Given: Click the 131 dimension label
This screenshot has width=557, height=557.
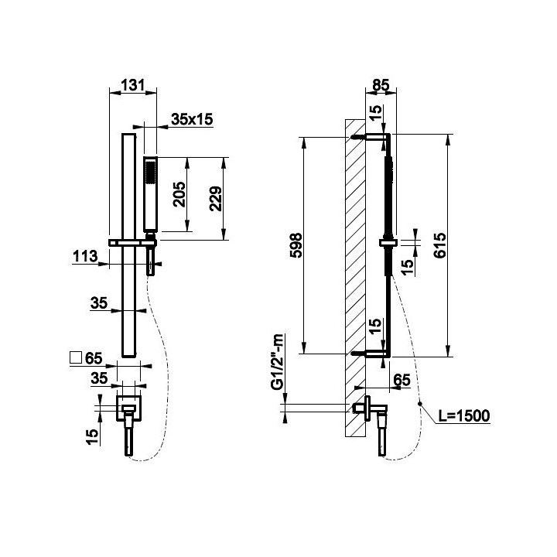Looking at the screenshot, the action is [x=133, y=85].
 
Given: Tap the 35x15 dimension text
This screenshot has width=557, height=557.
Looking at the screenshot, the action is [x=192, y=119].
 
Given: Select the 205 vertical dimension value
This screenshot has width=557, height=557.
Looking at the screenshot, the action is [x=179, y=194].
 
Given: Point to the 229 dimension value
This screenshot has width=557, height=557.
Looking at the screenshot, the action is [x=215, y=199].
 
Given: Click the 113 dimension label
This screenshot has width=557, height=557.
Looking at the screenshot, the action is [x=85, y=256].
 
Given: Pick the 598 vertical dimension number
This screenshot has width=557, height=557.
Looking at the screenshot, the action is [x=296, y=245].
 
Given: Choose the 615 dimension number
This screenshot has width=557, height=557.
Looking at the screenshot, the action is [x=439, y=245].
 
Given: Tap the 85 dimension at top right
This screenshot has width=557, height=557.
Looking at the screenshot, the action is [x=381, y=85].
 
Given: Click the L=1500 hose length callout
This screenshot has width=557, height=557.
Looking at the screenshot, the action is [x=464, y=415].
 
